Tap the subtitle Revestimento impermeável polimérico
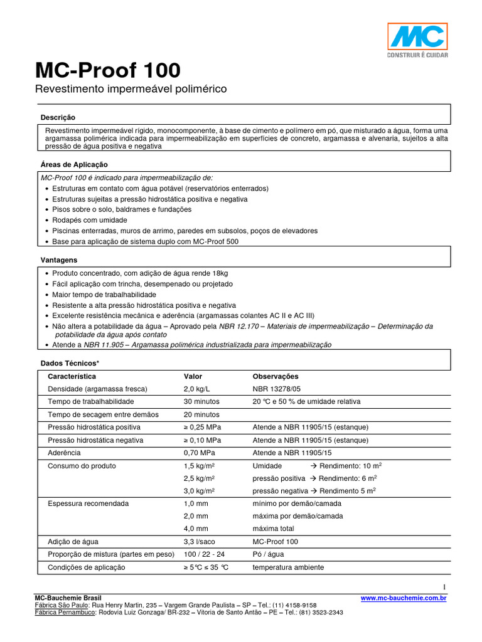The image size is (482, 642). pos(130,90)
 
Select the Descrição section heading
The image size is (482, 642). pos(58,117)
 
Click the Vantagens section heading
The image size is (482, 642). pos(60,259)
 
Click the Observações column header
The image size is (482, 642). pos(276,377)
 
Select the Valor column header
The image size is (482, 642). pos(193,377)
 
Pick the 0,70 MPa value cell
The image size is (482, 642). pos(198,453)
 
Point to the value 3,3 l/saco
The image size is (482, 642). pos(200,541)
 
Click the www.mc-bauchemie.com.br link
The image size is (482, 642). pos(403,599)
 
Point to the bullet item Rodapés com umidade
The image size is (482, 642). pos(90,220)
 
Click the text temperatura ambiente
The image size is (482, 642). pos(288,567)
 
